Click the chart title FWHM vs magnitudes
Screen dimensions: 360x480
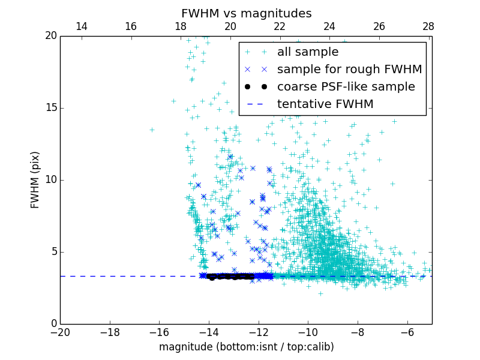(x=246, y=13)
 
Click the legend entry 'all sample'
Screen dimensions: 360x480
(x=307, y=52)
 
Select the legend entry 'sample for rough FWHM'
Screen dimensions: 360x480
(x=349, y=70)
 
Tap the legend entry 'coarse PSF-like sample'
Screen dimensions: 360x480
(x=346, y=87)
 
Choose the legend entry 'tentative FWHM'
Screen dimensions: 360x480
(x=325, y=104)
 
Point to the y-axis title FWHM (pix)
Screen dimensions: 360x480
(x=35, y=180)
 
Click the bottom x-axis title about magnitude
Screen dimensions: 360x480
(x=246, y=347)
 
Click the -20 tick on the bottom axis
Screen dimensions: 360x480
(x=60, y=332)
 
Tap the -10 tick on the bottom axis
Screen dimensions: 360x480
(x=308, y=332)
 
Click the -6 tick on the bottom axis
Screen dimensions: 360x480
(x=407, y=332)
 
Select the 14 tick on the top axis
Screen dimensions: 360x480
(x=82, y=26)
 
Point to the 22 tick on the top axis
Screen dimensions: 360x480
(x=280, y=26)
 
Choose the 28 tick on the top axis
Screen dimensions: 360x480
(x=428, y=26)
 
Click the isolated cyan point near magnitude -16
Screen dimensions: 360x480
(x=152, y=130)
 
